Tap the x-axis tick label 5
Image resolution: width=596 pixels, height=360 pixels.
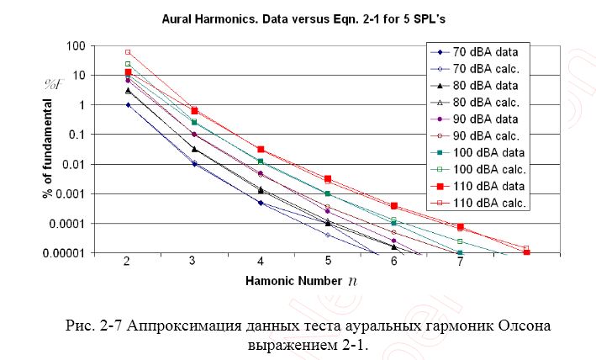327,262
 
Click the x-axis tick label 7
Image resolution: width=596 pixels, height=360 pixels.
460,262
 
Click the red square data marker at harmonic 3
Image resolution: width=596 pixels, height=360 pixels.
194,110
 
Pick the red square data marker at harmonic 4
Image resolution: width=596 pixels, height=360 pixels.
261,149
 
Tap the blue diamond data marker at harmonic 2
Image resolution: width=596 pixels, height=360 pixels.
128,104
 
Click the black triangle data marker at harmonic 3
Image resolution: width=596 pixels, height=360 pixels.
194,149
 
